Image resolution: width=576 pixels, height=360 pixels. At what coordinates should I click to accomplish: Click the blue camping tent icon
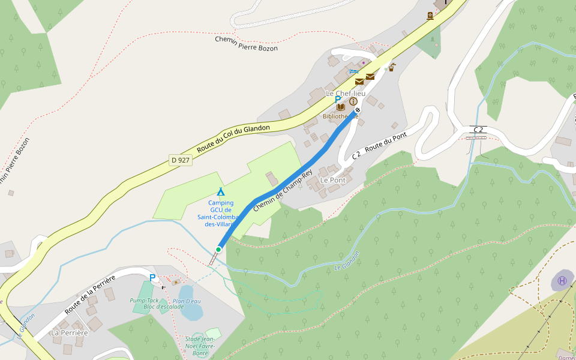pos(221,192)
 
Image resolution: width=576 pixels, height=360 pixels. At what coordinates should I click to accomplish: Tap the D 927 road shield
pos(180,160)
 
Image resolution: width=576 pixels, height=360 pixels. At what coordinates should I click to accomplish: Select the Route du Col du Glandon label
pos(233,136)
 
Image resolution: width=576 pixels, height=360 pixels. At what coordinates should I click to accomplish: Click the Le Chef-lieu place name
pos(346,94)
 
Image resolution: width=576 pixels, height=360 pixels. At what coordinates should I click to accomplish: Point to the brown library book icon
pos(341,107)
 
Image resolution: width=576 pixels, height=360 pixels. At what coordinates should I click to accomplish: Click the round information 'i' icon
pos(353,101)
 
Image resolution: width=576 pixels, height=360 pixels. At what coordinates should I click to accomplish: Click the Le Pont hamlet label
pos(332,180)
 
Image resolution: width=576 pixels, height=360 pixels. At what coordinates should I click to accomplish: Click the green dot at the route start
pos(218,249)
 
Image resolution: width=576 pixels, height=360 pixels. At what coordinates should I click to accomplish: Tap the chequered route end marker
pos(358,110)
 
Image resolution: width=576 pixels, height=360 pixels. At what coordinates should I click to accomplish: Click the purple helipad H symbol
pos(562,280)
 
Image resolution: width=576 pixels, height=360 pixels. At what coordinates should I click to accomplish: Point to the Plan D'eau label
pos(187,301)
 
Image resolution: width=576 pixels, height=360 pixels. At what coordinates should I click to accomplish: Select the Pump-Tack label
pos(144,300)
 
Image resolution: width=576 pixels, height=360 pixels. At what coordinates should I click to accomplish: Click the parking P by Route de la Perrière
pos(152,278)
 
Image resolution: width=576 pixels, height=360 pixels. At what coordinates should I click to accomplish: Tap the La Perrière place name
pos(69,332)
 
